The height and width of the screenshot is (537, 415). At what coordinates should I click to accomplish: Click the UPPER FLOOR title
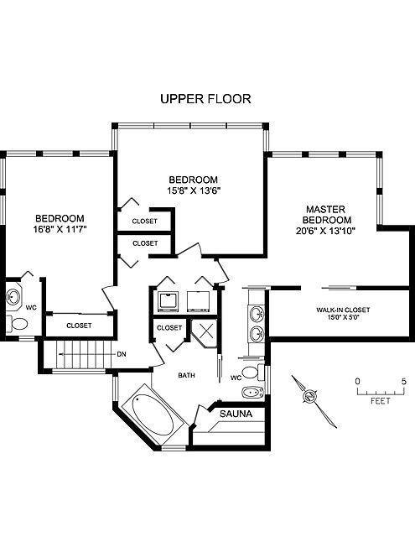tap(205, 99)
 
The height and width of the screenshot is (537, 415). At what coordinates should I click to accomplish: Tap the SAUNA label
tap(236, 414)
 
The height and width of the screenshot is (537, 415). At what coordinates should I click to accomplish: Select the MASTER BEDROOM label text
tap(325, 215)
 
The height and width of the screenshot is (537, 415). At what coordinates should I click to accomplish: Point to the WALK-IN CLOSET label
tap(343, 310)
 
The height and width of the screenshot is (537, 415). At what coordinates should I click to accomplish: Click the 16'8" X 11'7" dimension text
tap(60, 229)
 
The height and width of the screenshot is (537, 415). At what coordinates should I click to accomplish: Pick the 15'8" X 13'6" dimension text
tap(194, 190)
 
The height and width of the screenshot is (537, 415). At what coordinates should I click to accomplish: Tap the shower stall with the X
tap(205, 333)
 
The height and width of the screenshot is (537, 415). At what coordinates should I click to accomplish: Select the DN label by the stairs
tap(122, 354)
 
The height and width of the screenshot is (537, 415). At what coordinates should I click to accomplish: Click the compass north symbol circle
tap(310, 396)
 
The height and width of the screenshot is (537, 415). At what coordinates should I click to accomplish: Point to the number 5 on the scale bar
tap(404, 381)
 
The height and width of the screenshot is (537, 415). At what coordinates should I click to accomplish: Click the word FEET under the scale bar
tap(381, 401)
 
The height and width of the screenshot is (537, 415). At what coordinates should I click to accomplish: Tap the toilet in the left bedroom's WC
tap(18, 324)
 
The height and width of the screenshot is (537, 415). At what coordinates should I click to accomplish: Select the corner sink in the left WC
tap(13, 295)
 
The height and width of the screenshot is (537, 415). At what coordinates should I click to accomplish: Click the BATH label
tap(186, 375)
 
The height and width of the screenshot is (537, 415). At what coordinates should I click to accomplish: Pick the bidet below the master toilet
tap(253, 392)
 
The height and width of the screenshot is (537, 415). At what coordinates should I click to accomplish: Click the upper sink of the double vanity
tap(257, 314)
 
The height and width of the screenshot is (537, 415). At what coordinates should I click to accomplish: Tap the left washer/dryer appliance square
tap(169, 301)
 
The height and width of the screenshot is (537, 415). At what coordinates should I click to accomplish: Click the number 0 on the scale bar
tap(357, 381)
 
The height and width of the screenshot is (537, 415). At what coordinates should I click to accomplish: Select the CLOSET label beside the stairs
tap(79, 326)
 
